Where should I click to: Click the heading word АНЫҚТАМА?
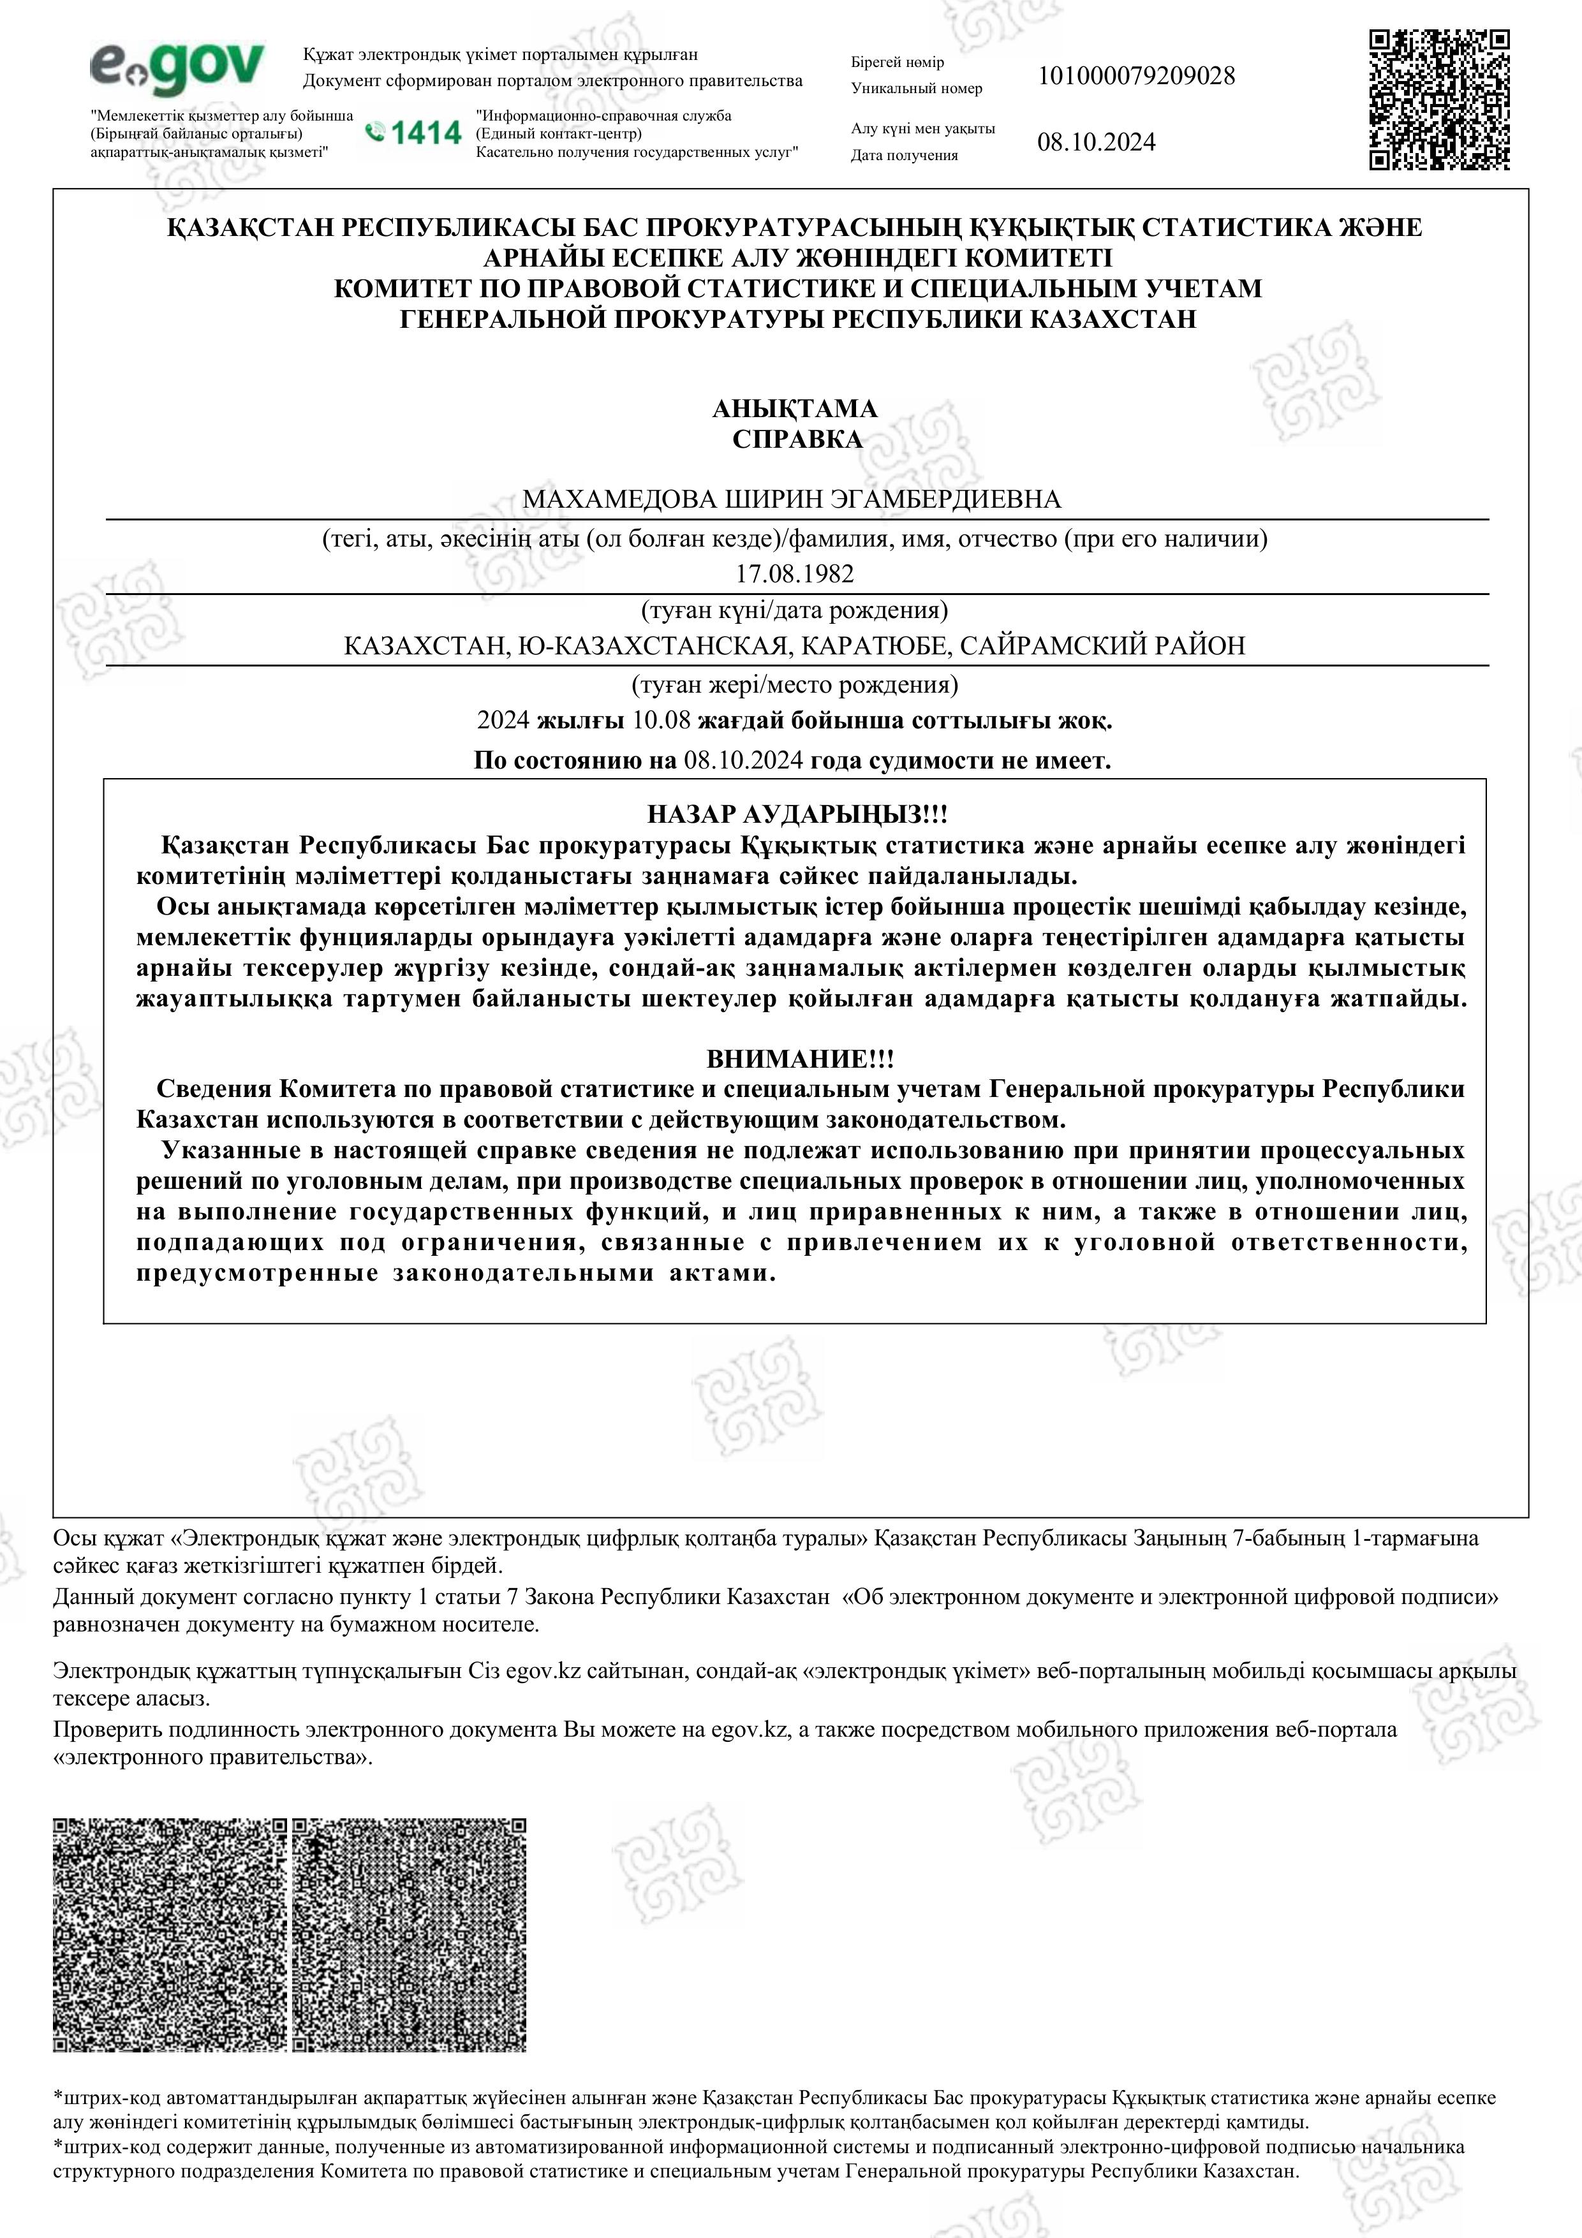point(794,408)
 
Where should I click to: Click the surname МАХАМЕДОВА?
point(618,500)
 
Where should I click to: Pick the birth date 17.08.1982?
point(794,574)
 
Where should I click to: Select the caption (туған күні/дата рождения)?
point(794,611)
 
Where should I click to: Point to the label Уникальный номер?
point(916,89)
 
